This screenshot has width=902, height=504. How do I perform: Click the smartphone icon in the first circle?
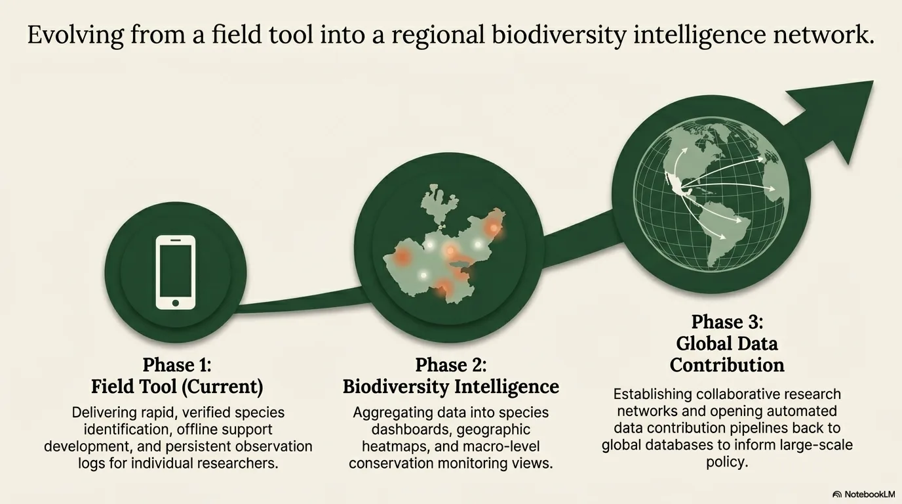(175, 272)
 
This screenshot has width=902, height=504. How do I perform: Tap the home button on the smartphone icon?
(175, 303)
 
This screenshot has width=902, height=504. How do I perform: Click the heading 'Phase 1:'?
(176, 365)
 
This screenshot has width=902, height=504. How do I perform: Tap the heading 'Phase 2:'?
(450, 365)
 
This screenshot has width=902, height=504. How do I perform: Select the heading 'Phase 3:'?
(727, 322)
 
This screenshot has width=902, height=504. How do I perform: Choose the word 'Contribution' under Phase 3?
(727, 364)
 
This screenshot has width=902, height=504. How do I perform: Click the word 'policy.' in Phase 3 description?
(727, 462)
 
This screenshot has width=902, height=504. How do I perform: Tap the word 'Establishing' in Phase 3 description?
(653, 394)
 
